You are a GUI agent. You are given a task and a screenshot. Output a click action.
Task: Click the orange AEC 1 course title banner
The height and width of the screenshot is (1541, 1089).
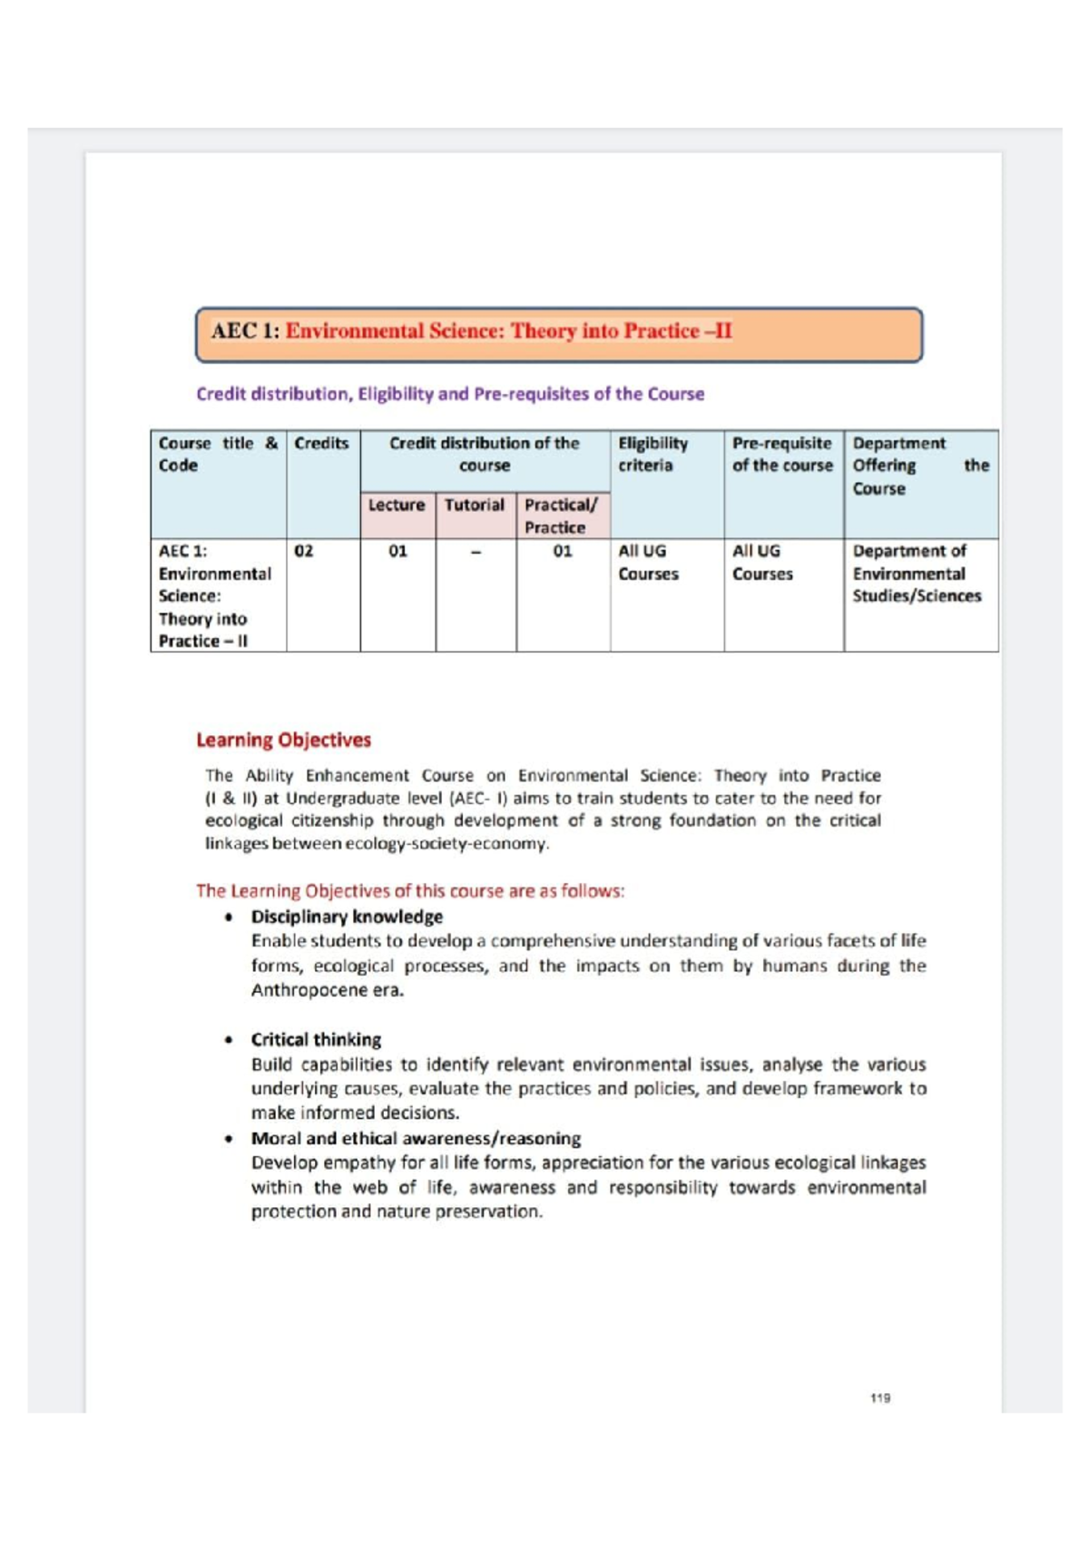point(559,333)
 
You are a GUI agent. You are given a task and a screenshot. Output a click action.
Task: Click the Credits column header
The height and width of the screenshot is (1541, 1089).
point(321,444)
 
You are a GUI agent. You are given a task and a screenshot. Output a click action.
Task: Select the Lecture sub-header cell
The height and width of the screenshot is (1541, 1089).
point(397,505)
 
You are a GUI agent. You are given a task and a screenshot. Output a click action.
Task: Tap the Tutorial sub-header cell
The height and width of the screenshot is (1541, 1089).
point(475,505)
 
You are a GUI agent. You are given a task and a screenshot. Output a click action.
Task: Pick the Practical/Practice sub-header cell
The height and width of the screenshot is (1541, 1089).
point(561,515)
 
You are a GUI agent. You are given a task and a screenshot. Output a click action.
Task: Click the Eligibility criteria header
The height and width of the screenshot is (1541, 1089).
point(652,454)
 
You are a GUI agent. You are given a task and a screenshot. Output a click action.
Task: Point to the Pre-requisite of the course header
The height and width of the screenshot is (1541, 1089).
point(781,454)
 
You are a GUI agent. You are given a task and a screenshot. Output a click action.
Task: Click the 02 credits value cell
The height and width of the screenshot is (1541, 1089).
point(304,552)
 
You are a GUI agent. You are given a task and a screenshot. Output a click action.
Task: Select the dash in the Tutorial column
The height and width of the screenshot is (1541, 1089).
point(475,552)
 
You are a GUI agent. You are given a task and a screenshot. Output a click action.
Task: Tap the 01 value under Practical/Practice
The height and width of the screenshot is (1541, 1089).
point(563,552)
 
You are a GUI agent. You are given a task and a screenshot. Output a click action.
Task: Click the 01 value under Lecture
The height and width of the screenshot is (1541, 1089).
point(397,552)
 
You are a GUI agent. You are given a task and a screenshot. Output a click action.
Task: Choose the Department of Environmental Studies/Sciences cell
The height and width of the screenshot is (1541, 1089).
point(916,574)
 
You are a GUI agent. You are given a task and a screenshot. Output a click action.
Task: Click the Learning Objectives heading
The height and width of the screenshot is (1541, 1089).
point(283,741)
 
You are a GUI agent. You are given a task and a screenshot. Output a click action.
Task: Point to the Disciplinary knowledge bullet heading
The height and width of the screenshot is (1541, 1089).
point(347,917)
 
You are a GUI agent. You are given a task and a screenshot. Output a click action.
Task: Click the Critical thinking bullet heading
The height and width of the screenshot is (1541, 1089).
point(316,1040)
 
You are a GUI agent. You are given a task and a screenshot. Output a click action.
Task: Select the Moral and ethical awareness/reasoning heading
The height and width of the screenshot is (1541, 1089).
point(416,1139)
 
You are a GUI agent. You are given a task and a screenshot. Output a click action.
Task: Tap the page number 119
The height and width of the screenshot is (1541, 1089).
point(879,1399)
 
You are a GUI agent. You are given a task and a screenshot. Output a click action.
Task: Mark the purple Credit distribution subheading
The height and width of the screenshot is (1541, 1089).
point(450,395)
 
